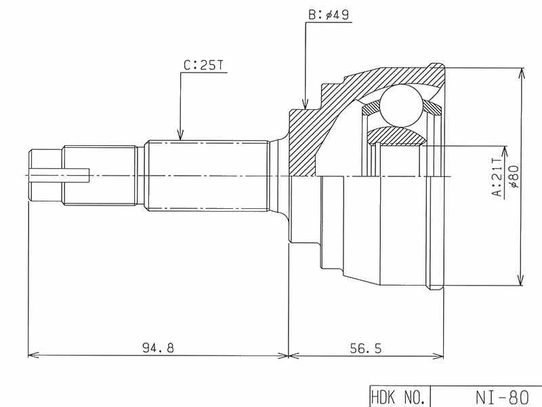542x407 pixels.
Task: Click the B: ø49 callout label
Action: [x=329, y=14]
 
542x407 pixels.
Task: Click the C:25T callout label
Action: [x=204, y=65]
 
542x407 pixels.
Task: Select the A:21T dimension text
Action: [x=497, y=177]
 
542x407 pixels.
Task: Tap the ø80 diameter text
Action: [x=514, y=176]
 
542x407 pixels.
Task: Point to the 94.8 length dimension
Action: [x=158, y=347]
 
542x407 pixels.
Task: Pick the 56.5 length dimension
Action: [x=366, y=348]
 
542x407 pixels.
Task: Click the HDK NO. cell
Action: [x=398, y=397]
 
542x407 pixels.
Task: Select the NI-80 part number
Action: [x=502, y=397]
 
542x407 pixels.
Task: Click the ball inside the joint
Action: [x=401, y=106]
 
